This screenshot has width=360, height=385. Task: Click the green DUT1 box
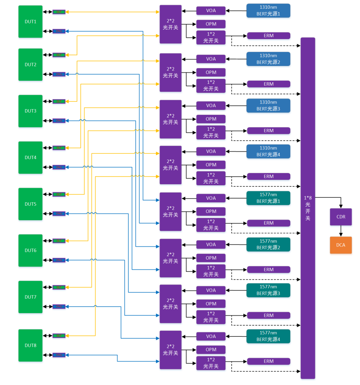pos(30,22)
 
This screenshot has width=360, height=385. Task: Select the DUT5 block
pos(30,204)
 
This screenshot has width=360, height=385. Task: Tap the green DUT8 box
pos(30,345)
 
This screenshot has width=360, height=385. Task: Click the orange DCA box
pos(341,245)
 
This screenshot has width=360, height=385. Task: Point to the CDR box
pos(341,217)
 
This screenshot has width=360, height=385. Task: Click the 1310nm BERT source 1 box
pos(268,10)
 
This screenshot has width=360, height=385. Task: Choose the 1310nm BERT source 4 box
pos(268,151)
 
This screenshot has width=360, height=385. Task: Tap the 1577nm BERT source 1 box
pos(268,198)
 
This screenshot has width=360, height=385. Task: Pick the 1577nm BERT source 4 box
pos(268,336)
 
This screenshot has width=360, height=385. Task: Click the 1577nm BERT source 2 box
pos(268,244)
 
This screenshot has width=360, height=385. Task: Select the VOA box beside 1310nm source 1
pos(211,10)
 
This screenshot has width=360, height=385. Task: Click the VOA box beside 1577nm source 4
pos(211,336)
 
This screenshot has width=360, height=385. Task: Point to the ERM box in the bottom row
pos(269,361)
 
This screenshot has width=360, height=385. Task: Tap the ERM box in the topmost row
pos(269,36)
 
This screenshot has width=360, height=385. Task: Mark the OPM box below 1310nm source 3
pos(211,119)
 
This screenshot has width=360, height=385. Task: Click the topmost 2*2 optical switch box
pos(171,24)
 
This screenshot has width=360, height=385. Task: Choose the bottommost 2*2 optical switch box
pos(171,350)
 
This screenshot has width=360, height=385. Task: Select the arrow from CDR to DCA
pos(341,231)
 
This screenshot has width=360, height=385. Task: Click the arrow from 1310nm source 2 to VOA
pos(236,59)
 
